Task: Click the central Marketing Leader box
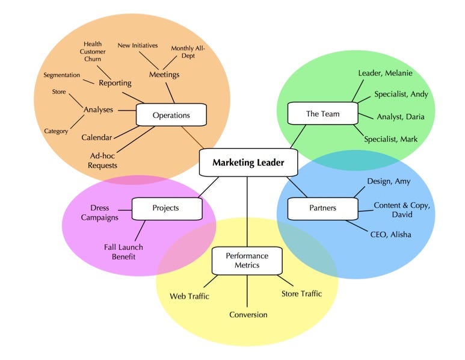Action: click(x=247, y=163)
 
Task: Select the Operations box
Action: click(x=171, y=115)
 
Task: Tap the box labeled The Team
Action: click(x=322, y=114)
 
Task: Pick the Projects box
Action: click(x=165, y=208)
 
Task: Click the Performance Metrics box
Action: click(x=247, y=261)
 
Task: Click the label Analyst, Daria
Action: click(x=399, y=117)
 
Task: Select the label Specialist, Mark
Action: click(x=390, y=139)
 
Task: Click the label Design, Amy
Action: click(x=388, y=181)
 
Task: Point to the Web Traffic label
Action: click(x=189, y=296)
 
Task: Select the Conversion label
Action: click(x=248, y=314)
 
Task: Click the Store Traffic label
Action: click(x=301, y=294)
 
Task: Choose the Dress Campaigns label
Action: click(x=100, y=213)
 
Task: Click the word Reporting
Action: click(x=115, y=83)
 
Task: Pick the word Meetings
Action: click(x=164, y=75)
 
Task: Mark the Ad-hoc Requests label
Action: click(x=102, y=160)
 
